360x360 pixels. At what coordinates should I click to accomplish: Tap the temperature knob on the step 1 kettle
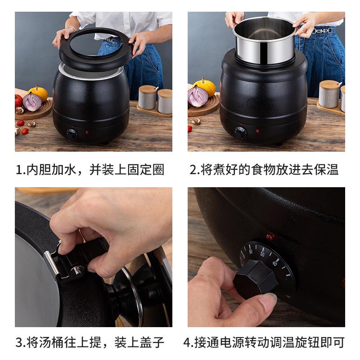pyautogui.click(x=72, y=134)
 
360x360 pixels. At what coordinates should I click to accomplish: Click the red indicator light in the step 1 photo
pyautogui.click(x=86, y=133)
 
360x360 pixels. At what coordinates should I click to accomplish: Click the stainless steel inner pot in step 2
pyautogui.click(x=264, y=40)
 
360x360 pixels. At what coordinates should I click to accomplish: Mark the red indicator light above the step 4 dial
pyautogui.click(x=270, y=236)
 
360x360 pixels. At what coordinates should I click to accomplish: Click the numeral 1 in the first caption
pyautogui.click(x=19, y=170)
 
